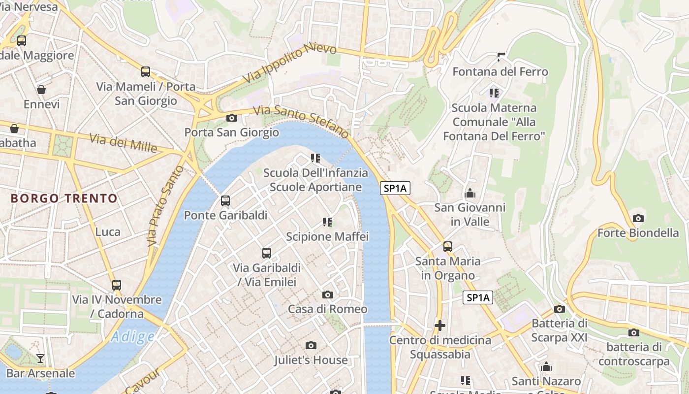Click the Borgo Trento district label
coord(64,198)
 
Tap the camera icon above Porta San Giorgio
coord(231,118)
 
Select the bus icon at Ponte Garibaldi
coord(225,201)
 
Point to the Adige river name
coord(132,337)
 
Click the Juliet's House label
coord(311,360)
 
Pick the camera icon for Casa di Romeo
coord(327,295)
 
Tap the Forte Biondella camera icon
coord(638,218)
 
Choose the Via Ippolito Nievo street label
coord(290,63)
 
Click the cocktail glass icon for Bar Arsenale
coord(40,359)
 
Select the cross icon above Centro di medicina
coord(440,326)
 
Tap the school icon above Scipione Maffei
coord(327,222)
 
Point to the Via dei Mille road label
coord(123,143)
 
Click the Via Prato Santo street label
coord(165,206)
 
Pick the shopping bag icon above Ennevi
coord(41,90)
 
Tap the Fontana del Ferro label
coord(500,72)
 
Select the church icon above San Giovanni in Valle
coord(470,193)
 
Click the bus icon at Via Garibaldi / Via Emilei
coord(267,253)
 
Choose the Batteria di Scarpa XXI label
coord(560,330)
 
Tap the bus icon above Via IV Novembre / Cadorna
coord(117,285)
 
